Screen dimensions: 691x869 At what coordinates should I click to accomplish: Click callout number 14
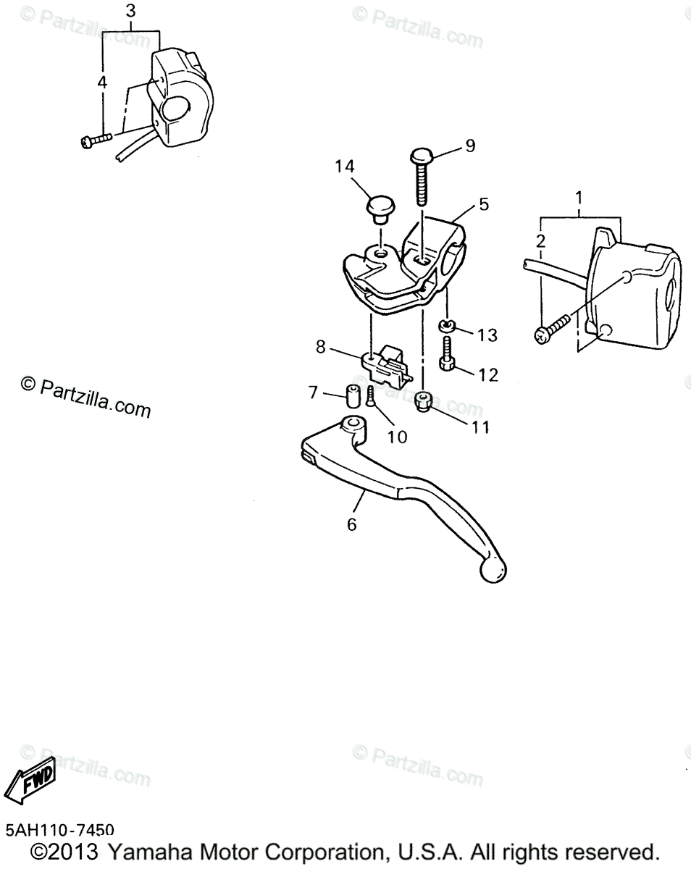[x=345, y=167]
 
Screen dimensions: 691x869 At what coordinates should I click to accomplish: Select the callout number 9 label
[x=470, y=146]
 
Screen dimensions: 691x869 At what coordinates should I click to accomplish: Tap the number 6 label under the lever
[x=352, y=524]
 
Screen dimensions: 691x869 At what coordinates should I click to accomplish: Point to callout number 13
[x=487, y=335]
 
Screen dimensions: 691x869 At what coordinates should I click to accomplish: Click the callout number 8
[x=321, y=348]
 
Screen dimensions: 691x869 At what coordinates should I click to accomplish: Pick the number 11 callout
[x=481, y=427]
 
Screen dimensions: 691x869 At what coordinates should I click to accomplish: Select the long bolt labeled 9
[x=421, y=177]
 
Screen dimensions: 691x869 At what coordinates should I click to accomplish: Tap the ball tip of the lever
[x=493, y=570]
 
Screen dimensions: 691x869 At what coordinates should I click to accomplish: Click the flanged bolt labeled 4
[x=93, y=140]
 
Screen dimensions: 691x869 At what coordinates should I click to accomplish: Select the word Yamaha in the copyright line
[x=149, y=852]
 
